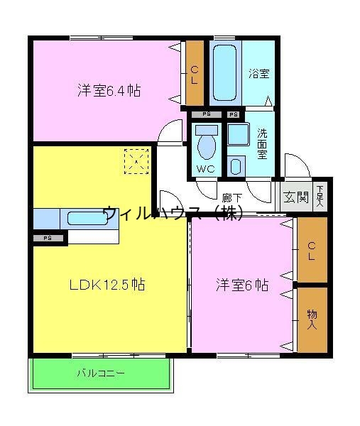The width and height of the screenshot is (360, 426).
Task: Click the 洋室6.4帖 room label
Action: click(x=108, y=91)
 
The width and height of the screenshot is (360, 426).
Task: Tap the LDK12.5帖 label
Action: click(x=107, y=285)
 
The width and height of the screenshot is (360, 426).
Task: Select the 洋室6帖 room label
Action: click(x=241, y=285)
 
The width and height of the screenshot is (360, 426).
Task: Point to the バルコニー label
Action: click(x=100, y=373)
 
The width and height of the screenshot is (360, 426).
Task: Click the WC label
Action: click(x=206, y=169)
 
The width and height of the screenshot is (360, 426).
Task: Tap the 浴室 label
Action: click(x=259, y=73)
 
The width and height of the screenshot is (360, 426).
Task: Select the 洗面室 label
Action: click(x=262, y=142)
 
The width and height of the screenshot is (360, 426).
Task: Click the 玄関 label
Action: click(x=296, y=197)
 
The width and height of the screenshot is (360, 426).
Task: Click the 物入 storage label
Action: click(x=312, y=319)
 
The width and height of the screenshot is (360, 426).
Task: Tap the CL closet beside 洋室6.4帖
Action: click(x=194, y=74)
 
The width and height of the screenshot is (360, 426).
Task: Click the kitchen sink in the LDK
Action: click(x=87, y=219)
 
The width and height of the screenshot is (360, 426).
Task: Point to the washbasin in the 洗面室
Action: click(x=236, y=166)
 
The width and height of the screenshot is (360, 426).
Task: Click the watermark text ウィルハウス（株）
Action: click(x=174, y=212)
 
